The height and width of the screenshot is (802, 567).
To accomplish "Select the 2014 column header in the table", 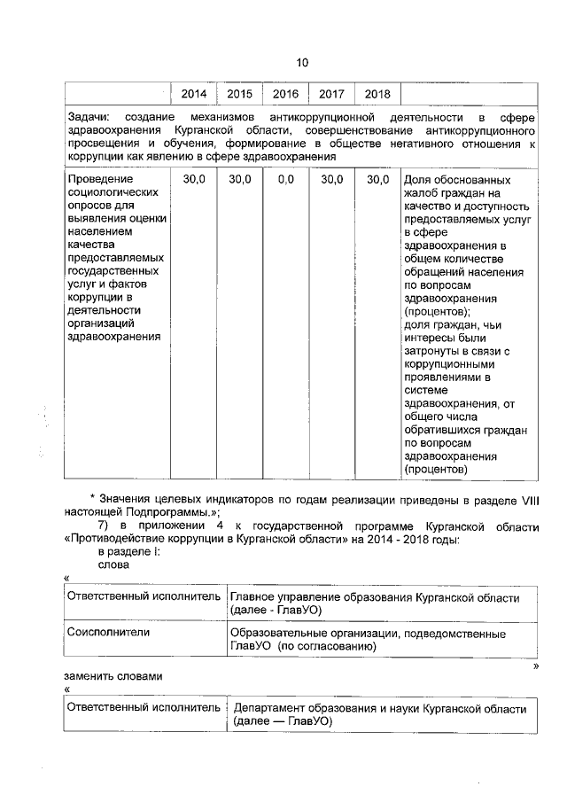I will pyautogui.click(x=193, y=94).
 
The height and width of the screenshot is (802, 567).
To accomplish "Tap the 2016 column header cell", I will pyautogui.click(x=285, y=94).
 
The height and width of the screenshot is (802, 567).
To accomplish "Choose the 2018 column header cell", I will pyautogui.click(x=377, y=94).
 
